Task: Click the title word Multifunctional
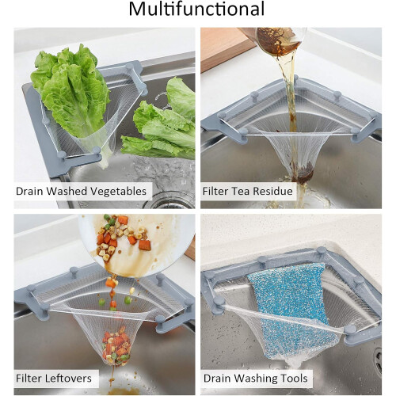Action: (196, 10)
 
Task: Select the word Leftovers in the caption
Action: (68, 379)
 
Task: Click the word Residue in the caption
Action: (272, 191)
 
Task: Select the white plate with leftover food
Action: (137, 244)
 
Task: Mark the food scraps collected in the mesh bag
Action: (116, 347)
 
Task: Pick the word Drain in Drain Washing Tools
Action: (217, 379)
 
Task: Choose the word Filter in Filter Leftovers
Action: (29, 379)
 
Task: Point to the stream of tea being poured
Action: (292, 105)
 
